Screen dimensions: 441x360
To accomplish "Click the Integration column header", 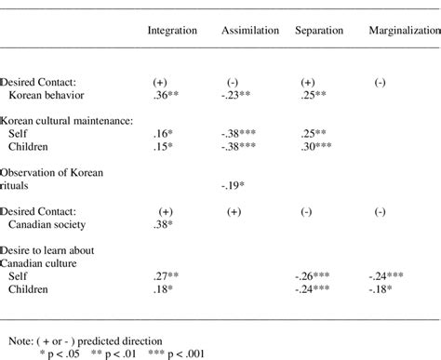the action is (x=172, y=31).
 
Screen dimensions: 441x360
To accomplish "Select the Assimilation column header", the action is (x=249, y=31).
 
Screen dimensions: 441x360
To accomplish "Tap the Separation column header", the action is (x=318, y=31).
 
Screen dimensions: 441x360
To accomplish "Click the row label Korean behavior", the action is (x=45, y=95).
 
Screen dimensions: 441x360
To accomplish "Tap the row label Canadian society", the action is (x=48, y=224).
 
